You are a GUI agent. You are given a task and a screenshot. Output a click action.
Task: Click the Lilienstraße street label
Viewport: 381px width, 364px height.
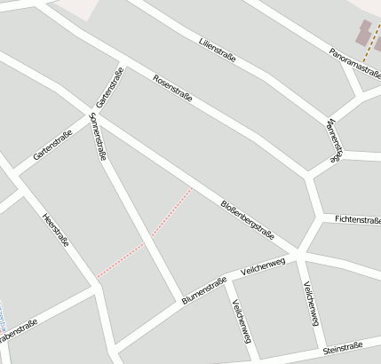[218, 50]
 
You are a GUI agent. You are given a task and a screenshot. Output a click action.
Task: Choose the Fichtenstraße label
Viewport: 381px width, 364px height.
[357, 218]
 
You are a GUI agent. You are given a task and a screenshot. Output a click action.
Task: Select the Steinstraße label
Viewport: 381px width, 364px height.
[343, 348]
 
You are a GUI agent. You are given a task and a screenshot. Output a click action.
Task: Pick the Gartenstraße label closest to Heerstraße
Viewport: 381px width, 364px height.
[52, 145]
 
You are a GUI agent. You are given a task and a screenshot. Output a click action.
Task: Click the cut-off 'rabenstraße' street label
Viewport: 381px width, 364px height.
[18, 331]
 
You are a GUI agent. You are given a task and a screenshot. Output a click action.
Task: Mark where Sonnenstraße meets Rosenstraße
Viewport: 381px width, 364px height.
[93, 114]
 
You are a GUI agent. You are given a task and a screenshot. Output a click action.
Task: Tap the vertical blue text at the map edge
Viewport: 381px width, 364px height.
[3, 316]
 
